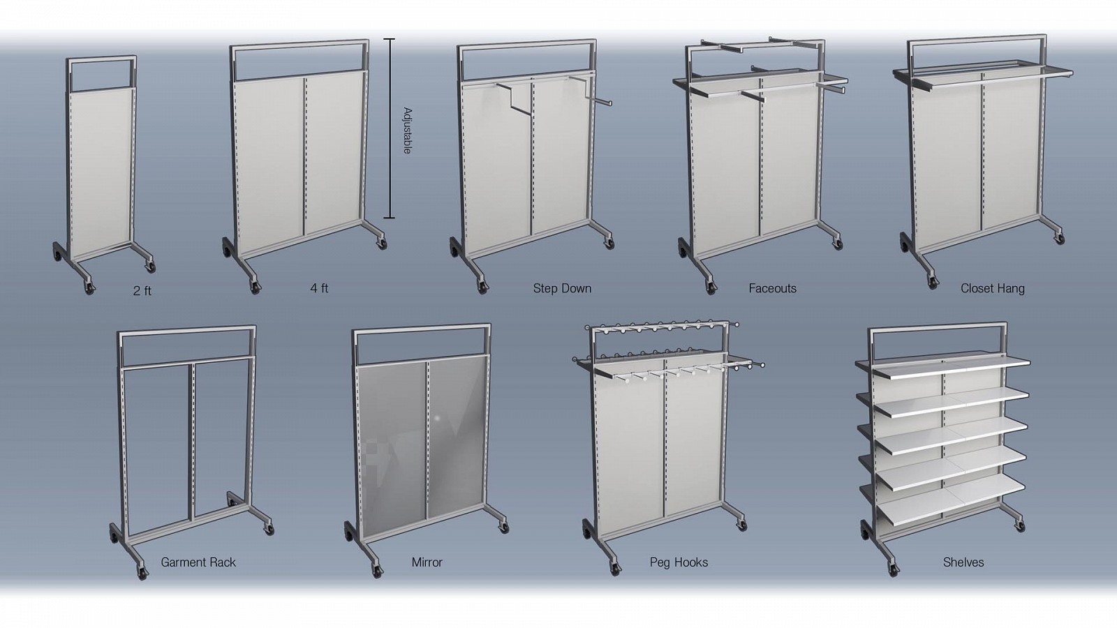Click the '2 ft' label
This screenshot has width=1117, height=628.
tap(142, 290)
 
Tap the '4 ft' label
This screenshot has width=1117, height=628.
tap(319, 288)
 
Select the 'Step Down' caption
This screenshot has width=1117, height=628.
tap(562, 289)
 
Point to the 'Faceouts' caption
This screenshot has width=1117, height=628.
tap(772, 289)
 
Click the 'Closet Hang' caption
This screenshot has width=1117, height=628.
tap(992, 289)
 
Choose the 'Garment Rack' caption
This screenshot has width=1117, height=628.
tap(198, 562)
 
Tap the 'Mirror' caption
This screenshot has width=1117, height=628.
tap(427, 562)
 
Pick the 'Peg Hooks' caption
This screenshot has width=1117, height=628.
tap(679, 562)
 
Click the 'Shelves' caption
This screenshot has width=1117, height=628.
tap(963, 562)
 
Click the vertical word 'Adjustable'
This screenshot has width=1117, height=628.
tap(408, 130)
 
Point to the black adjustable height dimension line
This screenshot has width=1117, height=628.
tap(389, 128)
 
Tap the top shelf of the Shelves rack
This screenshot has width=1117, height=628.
tap(942, 366)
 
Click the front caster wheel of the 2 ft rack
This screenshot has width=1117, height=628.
tap(89, 288)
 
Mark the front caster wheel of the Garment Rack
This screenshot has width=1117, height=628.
tap(143, 573)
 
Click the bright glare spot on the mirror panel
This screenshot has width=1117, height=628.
tap(437, 418)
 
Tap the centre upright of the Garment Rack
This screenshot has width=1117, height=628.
tap(191, 441)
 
